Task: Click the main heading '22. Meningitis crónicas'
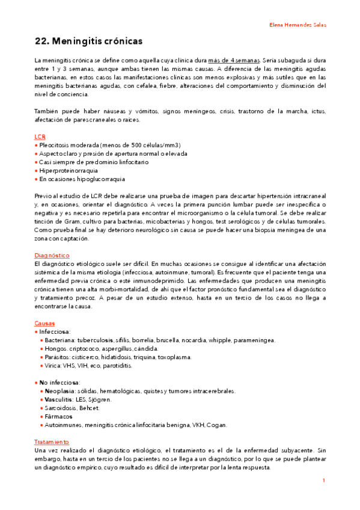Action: click(x=88, y=41)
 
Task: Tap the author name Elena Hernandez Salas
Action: click(x=297, y=25)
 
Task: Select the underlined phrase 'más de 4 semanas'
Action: click(x=234, y=61)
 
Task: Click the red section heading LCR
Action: click(x=40, y=137)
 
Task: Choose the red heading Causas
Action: click(x=44, y=323)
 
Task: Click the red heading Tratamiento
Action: click(x=52, y=441)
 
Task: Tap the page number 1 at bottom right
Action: click(x=323, y=481)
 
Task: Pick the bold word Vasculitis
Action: click(x=59, y=399)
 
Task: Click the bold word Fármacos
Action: click(x=58, y=416)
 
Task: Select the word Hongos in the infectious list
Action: click(x=55, y=348)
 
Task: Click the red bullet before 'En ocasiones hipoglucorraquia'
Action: click(x=36, y=179)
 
